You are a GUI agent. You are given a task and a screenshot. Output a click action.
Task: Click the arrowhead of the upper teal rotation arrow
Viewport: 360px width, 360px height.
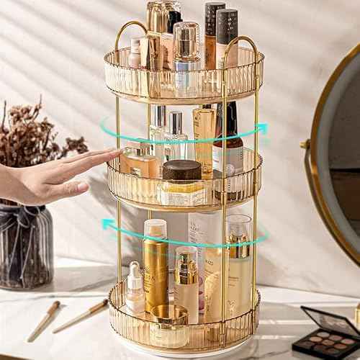click(261, 129)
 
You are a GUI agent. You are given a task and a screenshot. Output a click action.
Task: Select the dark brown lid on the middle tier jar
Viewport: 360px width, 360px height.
click(181, 170)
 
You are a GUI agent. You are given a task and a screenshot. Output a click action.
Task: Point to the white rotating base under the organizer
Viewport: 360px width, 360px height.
click(184, 352)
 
